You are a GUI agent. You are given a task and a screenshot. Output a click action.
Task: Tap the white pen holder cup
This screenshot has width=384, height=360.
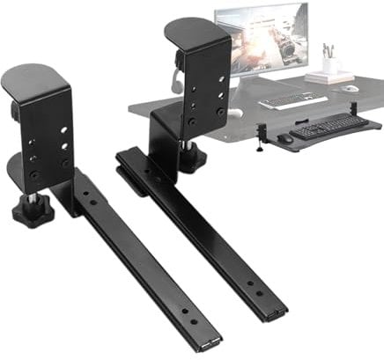tap(330, 64)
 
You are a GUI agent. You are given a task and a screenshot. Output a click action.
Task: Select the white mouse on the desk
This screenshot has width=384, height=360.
tap(351, 88)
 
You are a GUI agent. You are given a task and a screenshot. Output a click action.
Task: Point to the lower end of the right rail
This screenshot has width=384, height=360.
tap(275, 307)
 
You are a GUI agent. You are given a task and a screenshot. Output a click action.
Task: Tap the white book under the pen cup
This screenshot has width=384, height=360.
tap(330, 77)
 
